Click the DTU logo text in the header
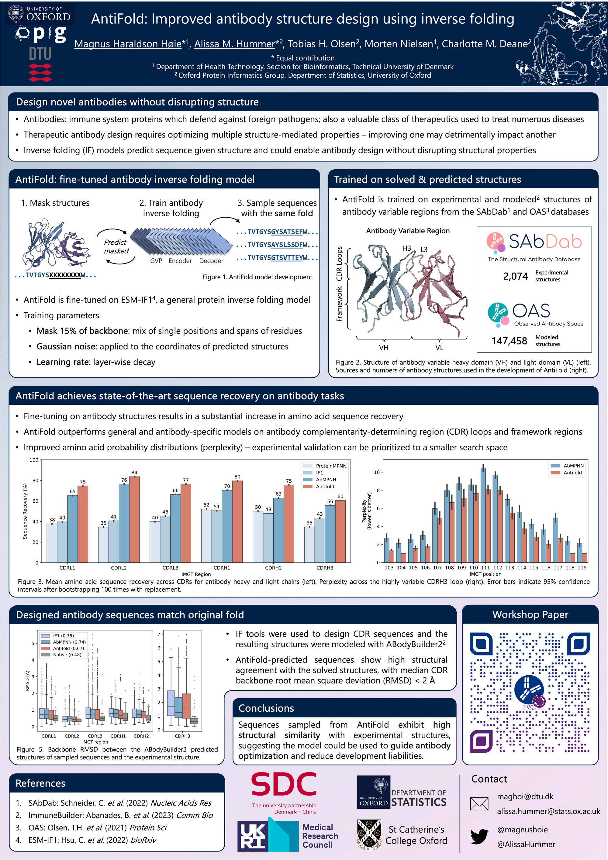click(x=40, y=54)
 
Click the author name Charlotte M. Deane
click(x=486, y=44)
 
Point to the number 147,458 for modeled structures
click(x=509, y=341)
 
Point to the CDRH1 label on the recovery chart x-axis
click(x=222, y=568)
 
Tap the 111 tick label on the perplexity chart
click(x=485, y=567)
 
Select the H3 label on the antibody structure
click(x=406, y=248)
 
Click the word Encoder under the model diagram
click(x=180, y=261)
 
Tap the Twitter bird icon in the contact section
click(x=479, y=836)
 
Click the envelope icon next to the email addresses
click(x=479, y=804)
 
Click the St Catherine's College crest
click(x=369, y=834)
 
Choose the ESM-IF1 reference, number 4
click(x=92, y=840)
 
